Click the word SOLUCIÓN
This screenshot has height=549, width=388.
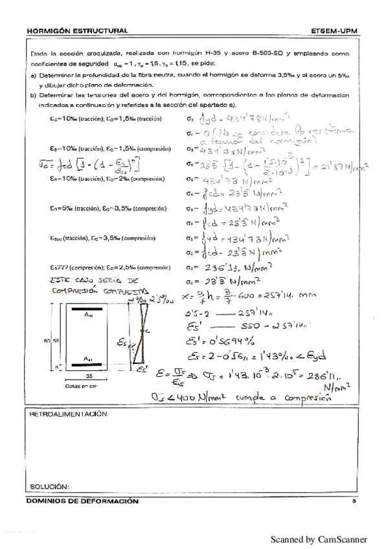click(49, 486)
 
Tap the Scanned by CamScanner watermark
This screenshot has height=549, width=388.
click(319, 539)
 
